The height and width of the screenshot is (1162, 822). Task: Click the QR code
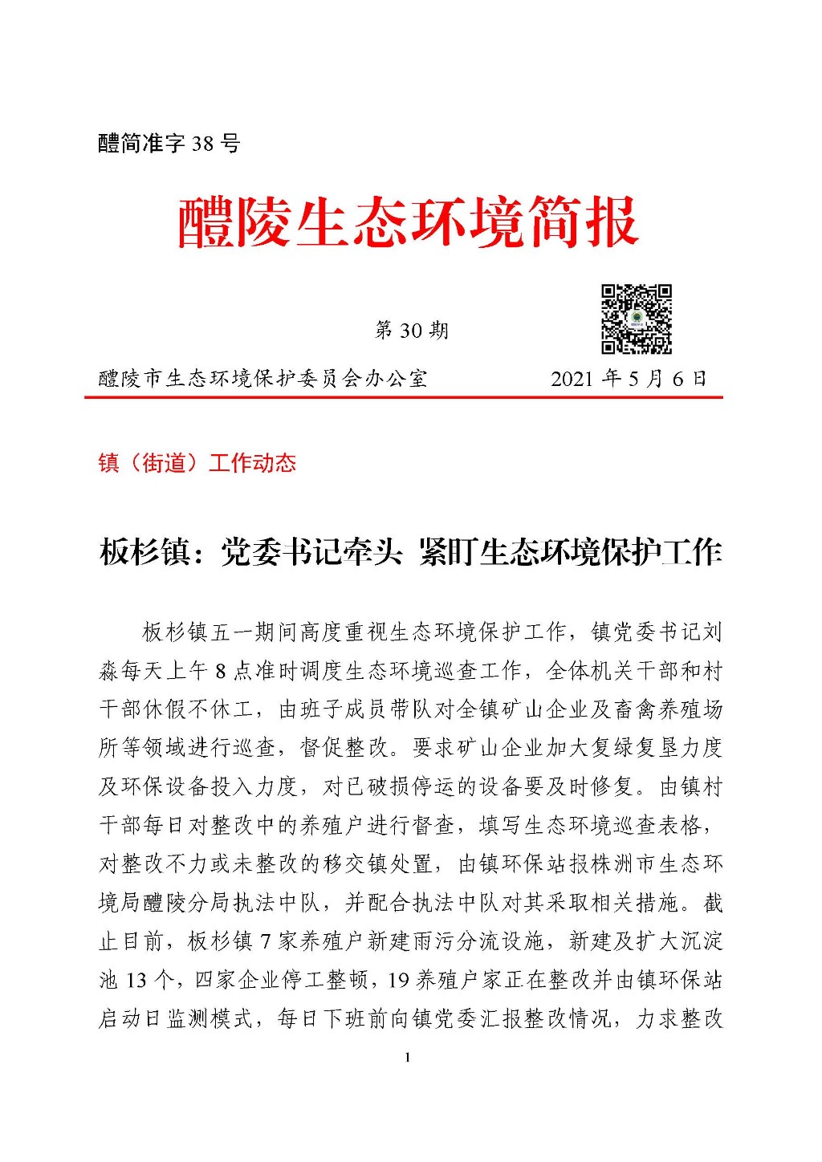point(637,319)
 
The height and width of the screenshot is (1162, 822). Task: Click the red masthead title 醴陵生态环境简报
point(408,221)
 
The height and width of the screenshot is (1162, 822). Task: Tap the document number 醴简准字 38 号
point(169,144)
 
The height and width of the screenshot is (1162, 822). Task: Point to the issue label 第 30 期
point(411,331)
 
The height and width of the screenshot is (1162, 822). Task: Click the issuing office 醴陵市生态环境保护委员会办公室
point(262,379)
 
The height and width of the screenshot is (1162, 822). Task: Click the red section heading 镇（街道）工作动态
point(197,463)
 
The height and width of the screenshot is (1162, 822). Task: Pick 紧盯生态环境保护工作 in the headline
point(570,553)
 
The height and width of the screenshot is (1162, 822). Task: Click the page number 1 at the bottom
point(408,1058)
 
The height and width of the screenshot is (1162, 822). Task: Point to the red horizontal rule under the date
point(404,397)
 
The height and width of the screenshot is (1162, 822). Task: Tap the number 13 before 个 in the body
point(137,981)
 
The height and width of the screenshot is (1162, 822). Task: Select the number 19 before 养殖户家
point(399,981)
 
